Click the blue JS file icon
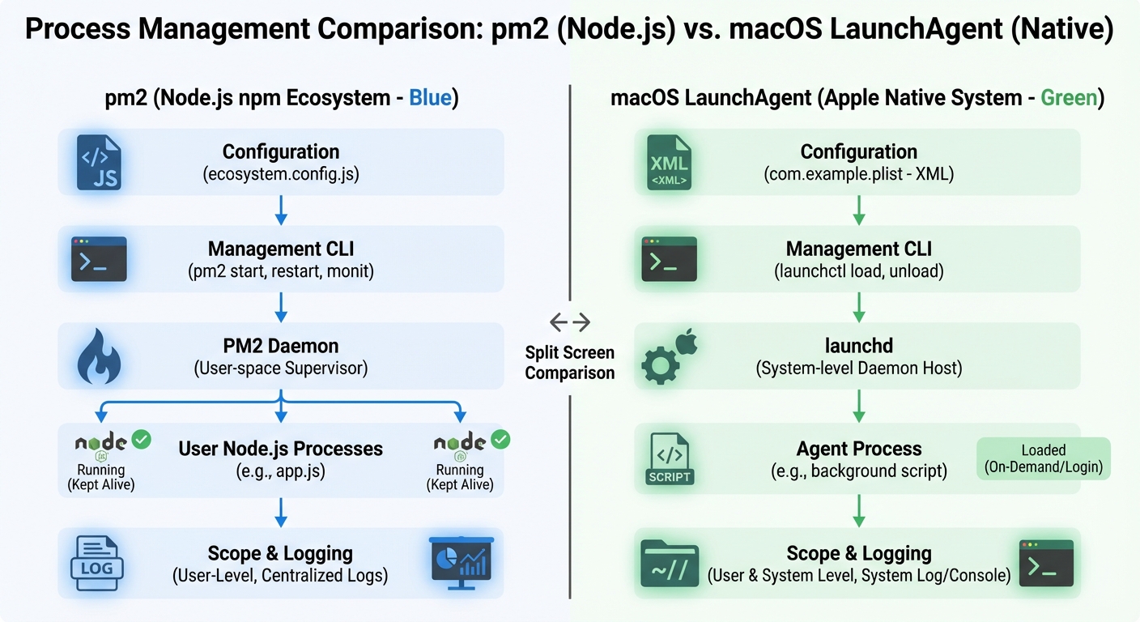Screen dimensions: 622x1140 (x=98, y=163)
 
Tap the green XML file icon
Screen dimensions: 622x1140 (x=669, y=163)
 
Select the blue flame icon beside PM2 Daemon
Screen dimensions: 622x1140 (x=98, y=357)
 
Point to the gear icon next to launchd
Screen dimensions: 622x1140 (x=660, y=365)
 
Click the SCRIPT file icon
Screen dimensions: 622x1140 (x=670, y=458)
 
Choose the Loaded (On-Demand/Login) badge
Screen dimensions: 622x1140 (x=1043, y=458)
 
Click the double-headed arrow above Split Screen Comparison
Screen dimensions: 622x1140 (x=570, y=322)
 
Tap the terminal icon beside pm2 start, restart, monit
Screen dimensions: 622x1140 (x=99, y=259)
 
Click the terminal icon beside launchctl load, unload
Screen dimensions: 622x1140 (x=669, y=259)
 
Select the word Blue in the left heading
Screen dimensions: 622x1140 (x=430, y=99)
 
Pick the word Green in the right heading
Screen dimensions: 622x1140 (x=1068, y=99)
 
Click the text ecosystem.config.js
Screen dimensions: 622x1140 (x=281, y=173)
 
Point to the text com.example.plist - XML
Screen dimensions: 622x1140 (x=858, y=173)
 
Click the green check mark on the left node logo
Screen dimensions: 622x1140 (x=142, y=440)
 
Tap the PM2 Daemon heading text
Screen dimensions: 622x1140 (x=281, y=346)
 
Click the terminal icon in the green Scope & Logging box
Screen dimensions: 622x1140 (x=1045, y=563)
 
